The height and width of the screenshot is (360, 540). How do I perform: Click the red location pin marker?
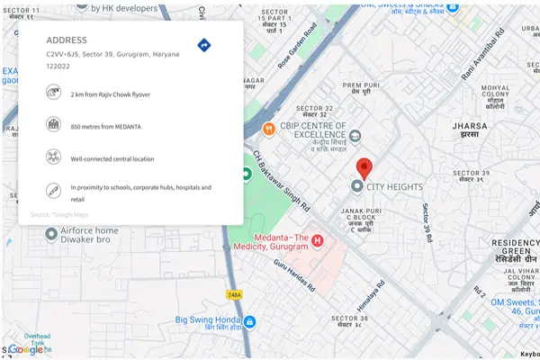point(364,168)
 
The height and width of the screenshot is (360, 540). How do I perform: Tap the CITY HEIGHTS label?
point(394,187)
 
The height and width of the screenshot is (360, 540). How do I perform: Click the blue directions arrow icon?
point(204,45)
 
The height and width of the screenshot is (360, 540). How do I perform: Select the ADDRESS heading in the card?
point(67,40)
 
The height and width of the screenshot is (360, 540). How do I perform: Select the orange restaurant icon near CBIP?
point(267,128)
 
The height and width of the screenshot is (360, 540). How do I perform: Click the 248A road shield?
point(235,294)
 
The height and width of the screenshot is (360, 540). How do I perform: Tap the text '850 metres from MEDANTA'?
point(106,127)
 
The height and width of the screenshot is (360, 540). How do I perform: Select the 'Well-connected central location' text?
point(112,158)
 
